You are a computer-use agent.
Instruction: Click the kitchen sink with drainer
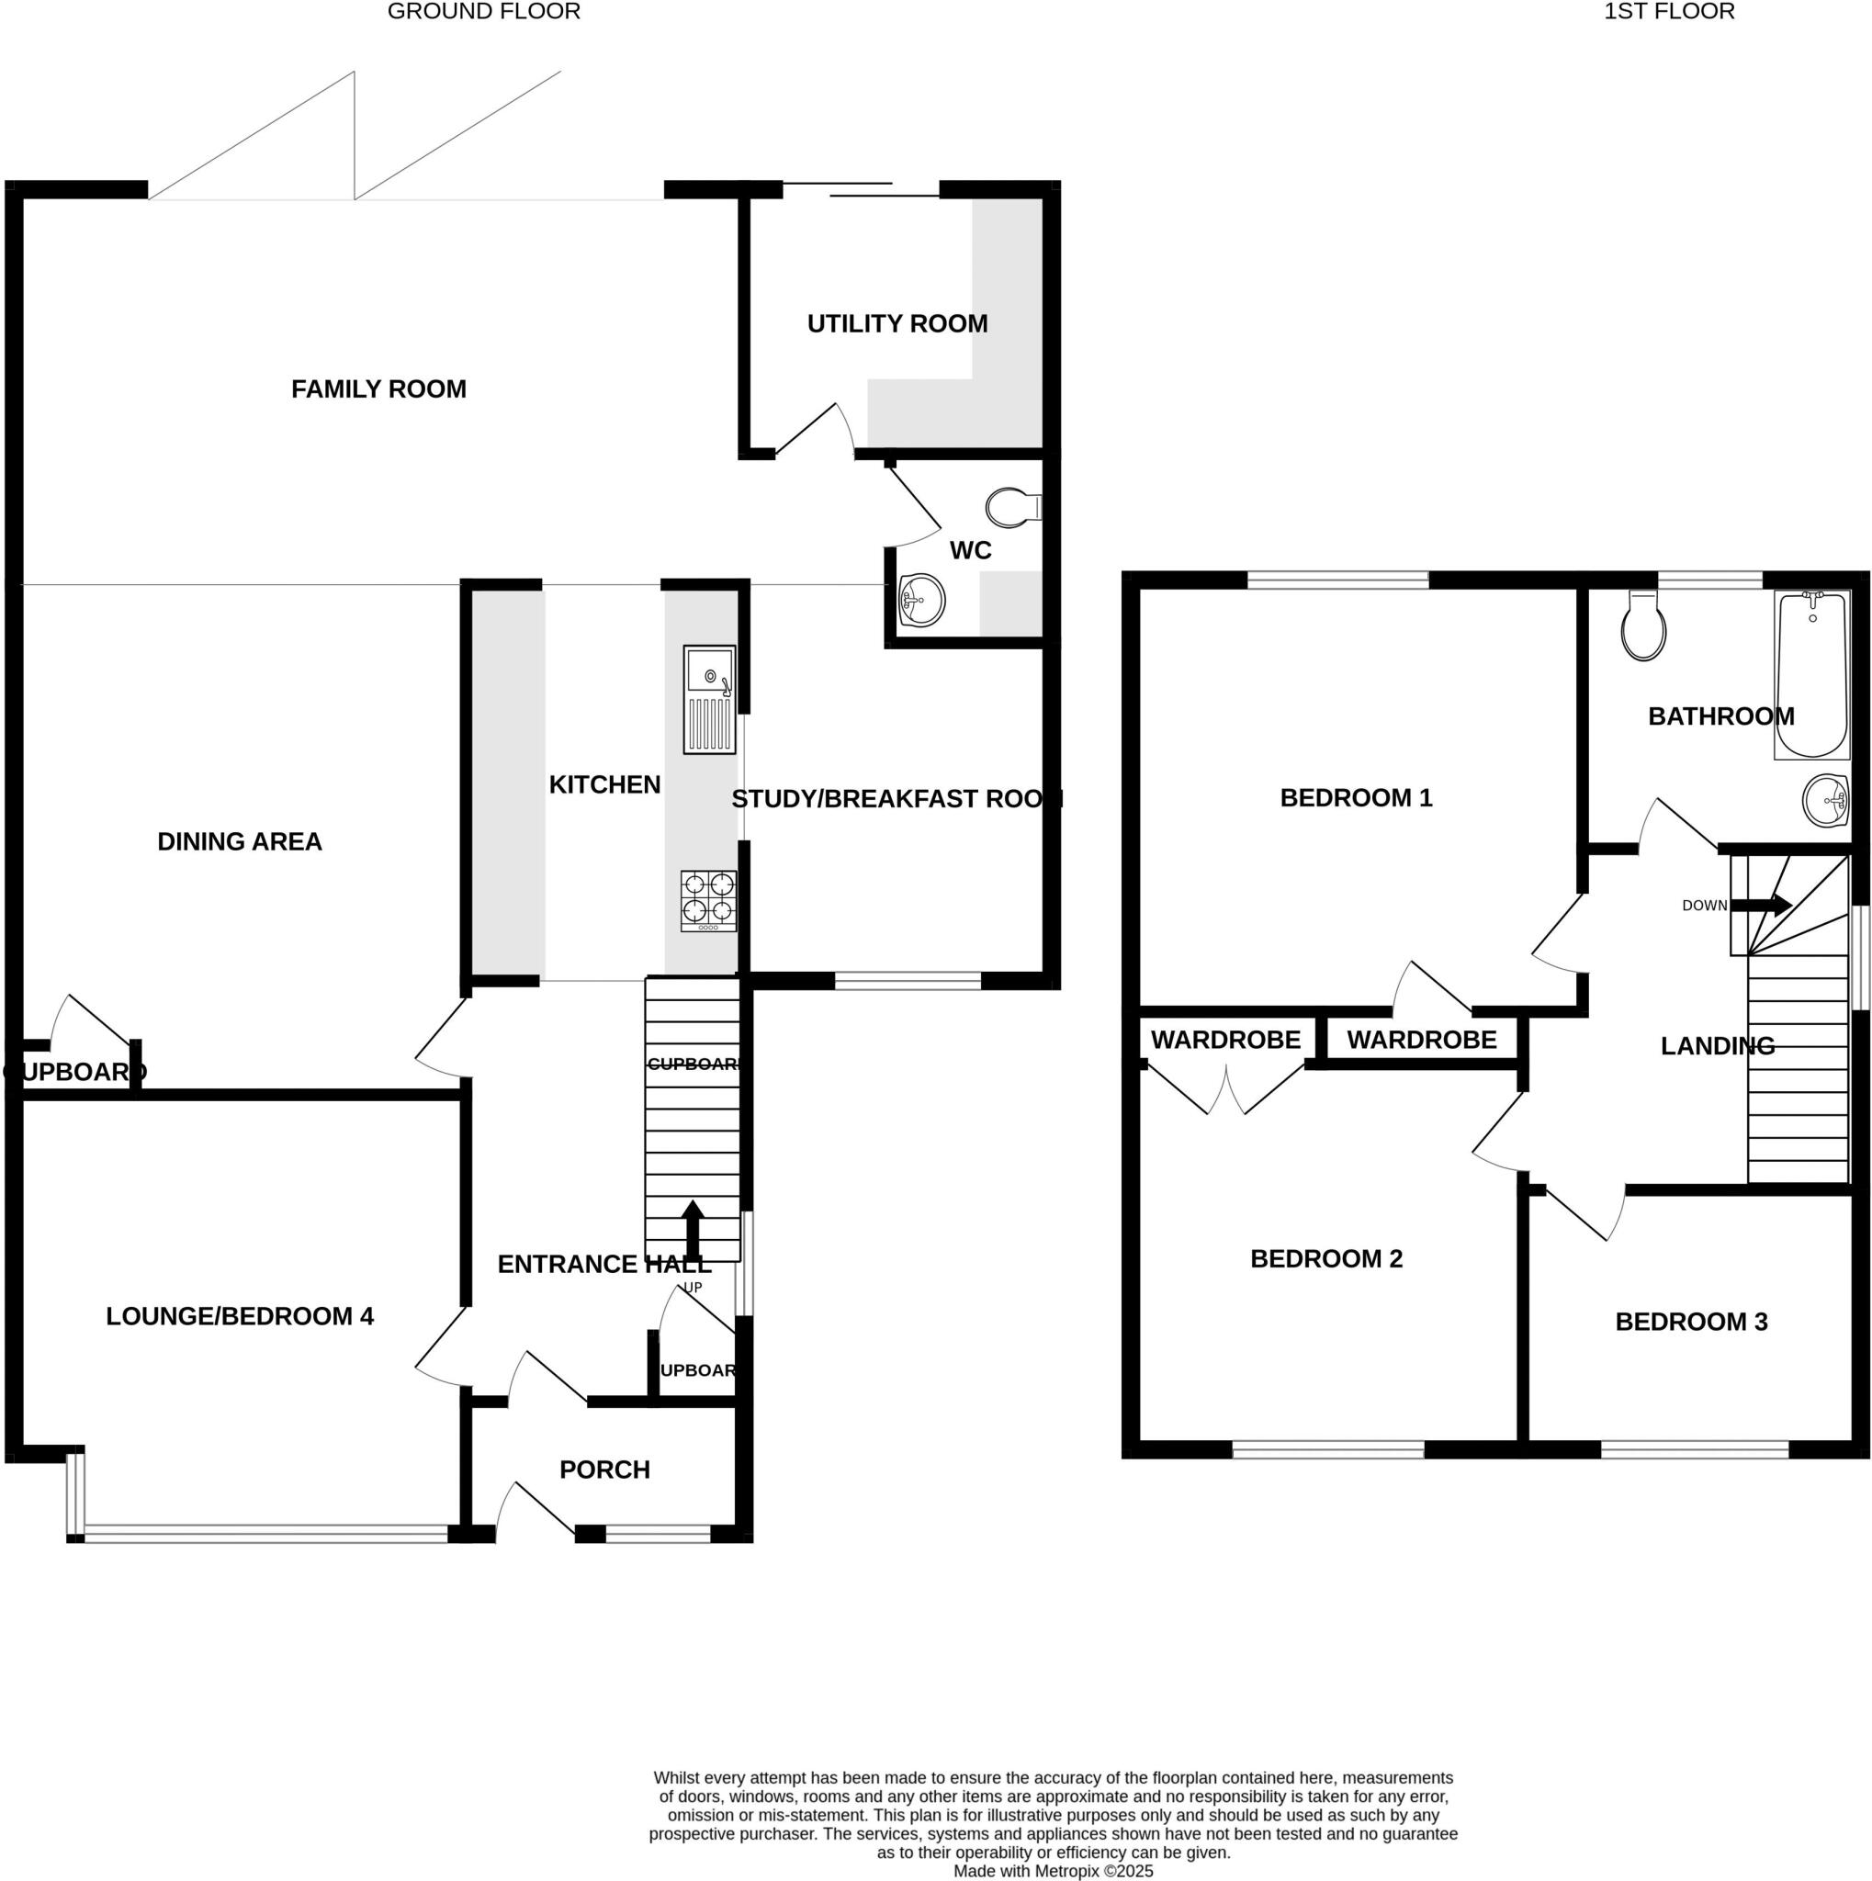pos(709,699)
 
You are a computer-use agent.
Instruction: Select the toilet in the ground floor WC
pos(1012,507)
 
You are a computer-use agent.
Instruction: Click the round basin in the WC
pos(921,600)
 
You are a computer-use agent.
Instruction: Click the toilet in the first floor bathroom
pos(1643,627)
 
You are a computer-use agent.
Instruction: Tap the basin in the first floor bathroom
pos(1825,800)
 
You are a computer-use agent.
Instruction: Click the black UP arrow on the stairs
pos(693,1230)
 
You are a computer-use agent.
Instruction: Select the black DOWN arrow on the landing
pos(1761,906)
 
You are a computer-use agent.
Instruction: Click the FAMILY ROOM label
pos(378,389)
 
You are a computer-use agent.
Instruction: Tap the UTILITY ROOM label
pos(897,324)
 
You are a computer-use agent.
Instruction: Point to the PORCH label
pos(604,1470)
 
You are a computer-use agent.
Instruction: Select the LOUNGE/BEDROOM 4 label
pos(240,1316)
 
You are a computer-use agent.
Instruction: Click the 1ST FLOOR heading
pos(1669,12)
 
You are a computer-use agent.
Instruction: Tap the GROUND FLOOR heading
pos(484,12)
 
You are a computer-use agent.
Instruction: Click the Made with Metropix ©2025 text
pos(1053,1870)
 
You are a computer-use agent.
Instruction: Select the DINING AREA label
pos(240,841)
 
